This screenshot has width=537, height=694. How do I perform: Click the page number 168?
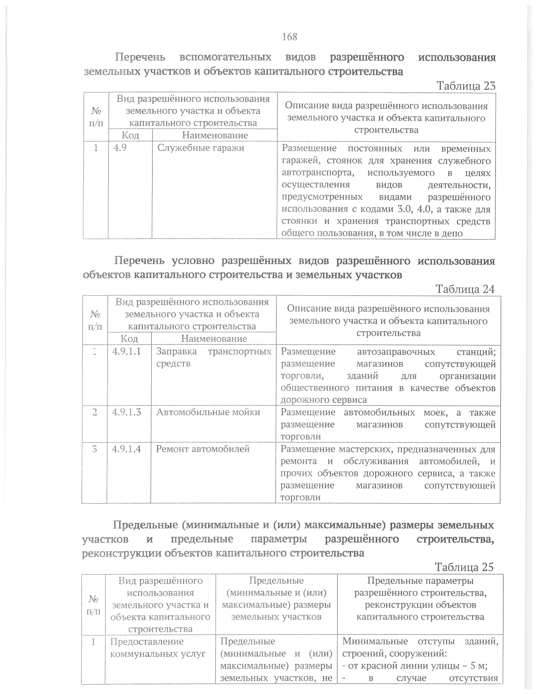point(290,37)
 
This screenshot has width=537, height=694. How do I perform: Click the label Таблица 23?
point(465,86)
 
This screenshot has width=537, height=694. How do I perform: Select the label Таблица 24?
point(465,289)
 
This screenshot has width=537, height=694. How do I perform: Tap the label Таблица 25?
point(464,567)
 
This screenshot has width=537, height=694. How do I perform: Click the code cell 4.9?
point(120,147)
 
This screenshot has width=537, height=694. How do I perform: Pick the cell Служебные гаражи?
point(200,147)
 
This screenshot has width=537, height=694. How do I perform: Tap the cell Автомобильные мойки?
point(208,412)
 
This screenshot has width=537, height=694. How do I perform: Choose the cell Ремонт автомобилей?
point(202,449)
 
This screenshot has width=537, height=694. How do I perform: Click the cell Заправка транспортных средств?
point(213,357)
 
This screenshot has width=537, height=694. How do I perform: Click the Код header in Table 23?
point(130,135)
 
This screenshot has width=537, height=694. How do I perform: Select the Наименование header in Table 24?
point(214,339)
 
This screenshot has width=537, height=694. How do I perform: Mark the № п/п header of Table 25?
point(94,604)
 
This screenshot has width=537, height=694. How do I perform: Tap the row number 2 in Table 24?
point(95,412)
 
